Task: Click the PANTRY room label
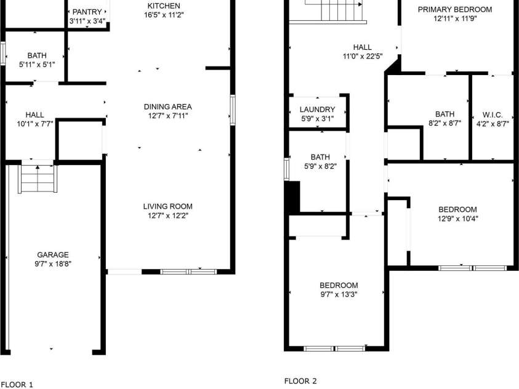[87, 12]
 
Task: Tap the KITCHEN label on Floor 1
[163, 6]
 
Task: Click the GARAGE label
[52, 254]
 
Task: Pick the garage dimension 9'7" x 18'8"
[52, 263]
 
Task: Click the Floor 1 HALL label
[34, 114]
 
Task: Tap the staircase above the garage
[38, 178]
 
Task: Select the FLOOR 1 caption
[17, 385]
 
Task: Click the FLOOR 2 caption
[300, 381]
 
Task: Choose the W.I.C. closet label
[493, 114]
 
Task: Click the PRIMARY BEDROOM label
[455, 9]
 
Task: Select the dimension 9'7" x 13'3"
[338, 294]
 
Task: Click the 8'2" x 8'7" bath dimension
[445, 123]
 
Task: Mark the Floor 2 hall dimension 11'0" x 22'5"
[362, 56]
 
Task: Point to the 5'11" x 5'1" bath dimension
[36, 65]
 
